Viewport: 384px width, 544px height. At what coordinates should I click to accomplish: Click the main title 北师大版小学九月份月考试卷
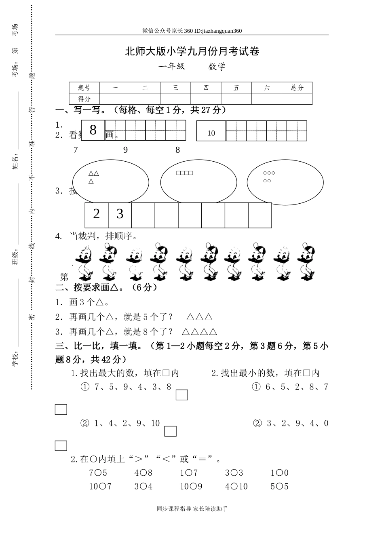point(192,51)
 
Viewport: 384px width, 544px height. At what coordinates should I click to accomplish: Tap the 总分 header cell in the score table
point(297,88)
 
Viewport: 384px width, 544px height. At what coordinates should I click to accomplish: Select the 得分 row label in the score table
point(84,99)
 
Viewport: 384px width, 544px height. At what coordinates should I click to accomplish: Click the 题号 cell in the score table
point(84,88)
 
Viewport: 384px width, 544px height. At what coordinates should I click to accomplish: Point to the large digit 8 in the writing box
point(93,130)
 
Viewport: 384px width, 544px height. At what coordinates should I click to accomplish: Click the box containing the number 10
point(211,131)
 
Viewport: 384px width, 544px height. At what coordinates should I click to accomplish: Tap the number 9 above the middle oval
point(125,150)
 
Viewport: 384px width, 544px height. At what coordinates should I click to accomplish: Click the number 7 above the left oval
point(76,150)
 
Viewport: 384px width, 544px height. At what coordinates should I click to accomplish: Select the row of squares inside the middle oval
point(185,173)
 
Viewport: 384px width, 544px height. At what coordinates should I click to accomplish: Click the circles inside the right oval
point(269,177)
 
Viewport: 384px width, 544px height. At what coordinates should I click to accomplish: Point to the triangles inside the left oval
point(93,177)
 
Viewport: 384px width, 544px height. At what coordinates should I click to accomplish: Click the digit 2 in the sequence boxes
point(96,214)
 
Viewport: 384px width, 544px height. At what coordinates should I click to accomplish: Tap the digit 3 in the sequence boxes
point(120,214)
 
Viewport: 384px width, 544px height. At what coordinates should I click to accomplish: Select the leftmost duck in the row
point(84,263)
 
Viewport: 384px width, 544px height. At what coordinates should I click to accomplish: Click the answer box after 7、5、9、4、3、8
point(182,395)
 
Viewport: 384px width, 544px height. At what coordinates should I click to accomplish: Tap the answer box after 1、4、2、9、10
point(170,431)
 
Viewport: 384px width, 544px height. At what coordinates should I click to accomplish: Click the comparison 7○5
point(98,473)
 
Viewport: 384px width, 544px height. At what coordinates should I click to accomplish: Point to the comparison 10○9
point(191,487)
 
